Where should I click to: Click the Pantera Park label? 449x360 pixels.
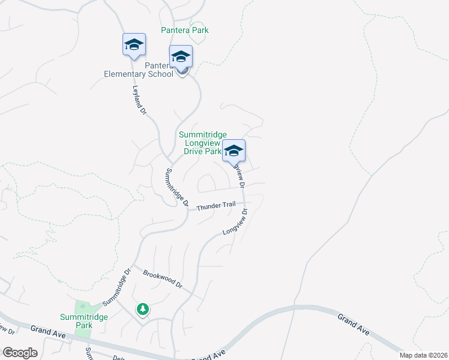(184, 30)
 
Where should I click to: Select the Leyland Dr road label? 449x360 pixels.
(139, 100)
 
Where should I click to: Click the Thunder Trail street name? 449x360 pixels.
(216, 205)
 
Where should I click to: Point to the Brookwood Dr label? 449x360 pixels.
(162, 280)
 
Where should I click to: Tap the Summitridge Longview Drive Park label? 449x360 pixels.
(200, 143)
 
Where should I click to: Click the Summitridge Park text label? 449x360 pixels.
(76, 321)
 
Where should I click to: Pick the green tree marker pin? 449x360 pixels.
(142, 309)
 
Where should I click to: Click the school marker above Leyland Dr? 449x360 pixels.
(134, 44)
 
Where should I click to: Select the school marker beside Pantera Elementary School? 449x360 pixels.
(181, 56)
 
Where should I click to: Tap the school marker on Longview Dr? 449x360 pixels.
(234, 151)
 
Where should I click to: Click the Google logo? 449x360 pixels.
(20, 353)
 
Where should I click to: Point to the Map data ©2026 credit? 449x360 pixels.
(423, 355)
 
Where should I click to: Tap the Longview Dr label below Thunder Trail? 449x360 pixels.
(235, 222)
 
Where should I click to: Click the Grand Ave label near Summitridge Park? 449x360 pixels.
(43, 330)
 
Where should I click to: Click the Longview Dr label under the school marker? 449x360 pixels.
(240, 175)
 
